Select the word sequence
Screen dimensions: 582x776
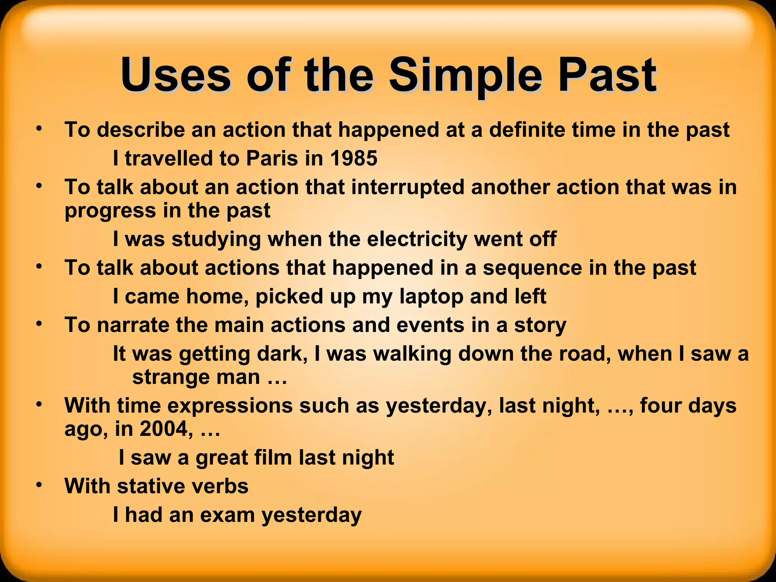click(532, 268)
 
